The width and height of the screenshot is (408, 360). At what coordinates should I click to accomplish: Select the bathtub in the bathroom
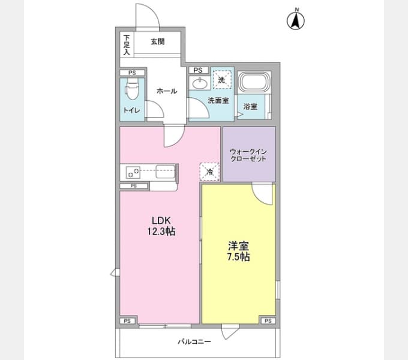tap(254, 82)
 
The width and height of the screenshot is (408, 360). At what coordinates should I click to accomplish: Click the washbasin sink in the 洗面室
tap(200, 83)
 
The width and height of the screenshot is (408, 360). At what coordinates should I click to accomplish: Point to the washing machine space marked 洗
tap(221, 80)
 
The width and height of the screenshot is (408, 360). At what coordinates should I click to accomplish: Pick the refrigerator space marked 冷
tap(209, 172)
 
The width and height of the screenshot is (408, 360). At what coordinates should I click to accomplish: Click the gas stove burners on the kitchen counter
tap(133, 172)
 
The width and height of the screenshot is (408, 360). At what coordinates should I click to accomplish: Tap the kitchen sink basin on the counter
tap(165, 172)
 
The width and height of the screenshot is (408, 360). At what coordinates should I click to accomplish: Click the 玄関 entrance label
tap(158, 41)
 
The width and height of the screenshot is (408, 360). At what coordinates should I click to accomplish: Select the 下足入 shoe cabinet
tap(127, 44)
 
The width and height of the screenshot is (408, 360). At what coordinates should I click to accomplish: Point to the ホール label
tap(167, 91)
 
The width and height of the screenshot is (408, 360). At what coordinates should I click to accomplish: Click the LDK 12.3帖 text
tap(161, 226)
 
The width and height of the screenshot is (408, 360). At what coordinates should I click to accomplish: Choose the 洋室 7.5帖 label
tap(238, 251)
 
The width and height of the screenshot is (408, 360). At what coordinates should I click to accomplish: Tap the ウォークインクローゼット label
tap(248, 155)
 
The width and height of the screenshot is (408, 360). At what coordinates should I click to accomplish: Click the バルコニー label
tap(194, 341)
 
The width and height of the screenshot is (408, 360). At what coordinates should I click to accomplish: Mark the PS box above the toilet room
tap(132, 73)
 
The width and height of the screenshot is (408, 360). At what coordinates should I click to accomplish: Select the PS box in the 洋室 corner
tap(268, 321)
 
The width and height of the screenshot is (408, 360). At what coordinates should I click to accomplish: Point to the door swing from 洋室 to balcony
tap(229, 332)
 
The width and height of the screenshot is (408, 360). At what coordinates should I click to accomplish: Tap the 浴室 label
tap(250, 106)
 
